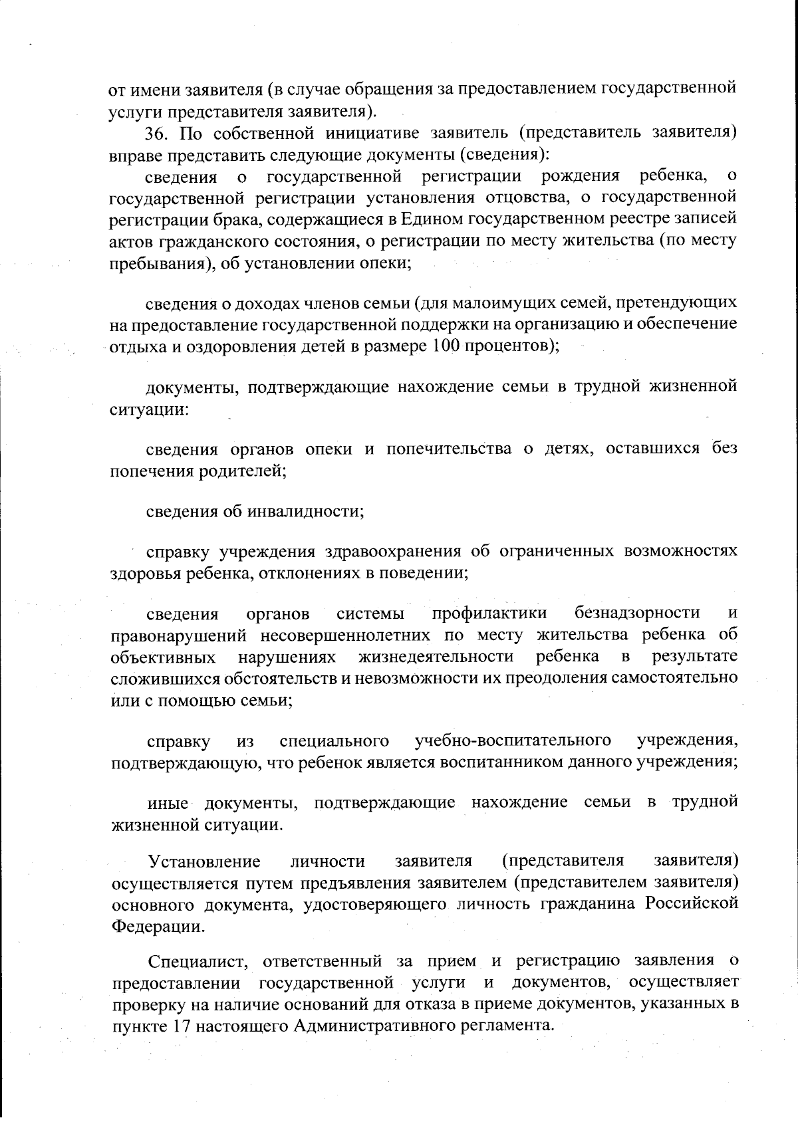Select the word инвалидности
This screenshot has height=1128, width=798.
[x=305, y=511]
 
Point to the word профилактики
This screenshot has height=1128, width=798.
[x=489, y=612]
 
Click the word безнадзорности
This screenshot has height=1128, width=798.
[x=637, y=612]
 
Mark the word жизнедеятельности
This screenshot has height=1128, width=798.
[x=436, y=656]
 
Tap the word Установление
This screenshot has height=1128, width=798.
[x=204, y=861]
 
